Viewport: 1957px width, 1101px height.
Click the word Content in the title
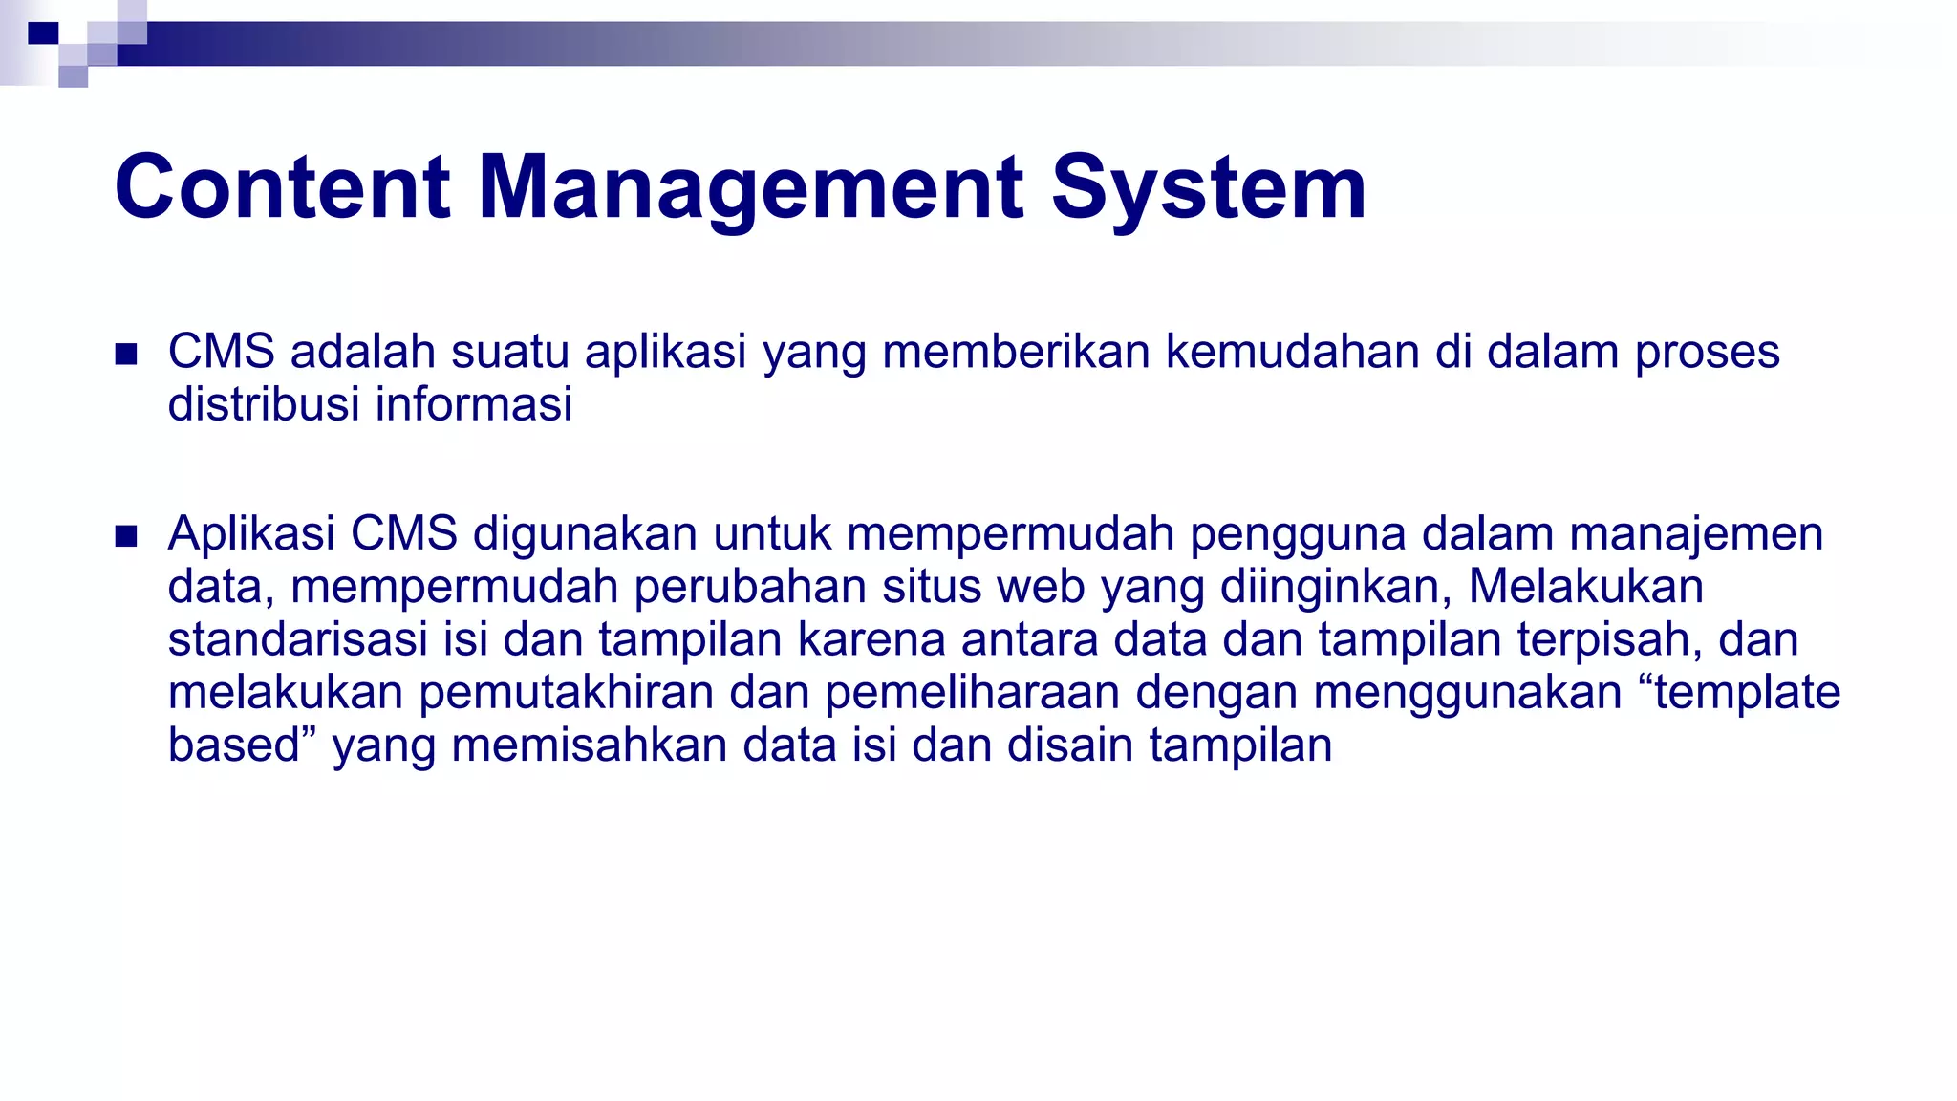tap(282, 187)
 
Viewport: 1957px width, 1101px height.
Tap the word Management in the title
tap(751, 187)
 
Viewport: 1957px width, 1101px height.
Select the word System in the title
tap(1209, 187)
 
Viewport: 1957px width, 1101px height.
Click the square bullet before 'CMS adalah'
tap(126, 355)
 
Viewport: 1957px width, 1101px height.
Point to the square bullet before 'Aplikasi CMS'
tap(126, 536)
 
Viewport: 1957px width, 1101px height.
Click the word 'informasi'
tap(473, 404)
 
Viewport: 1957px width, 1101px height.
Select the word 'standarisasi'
tap(297, 639)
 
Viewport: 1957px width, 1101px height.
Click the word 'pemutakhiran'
tap(567, 692)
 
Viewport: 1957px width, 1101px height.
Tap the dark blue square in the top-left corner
tap(43, 34)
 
